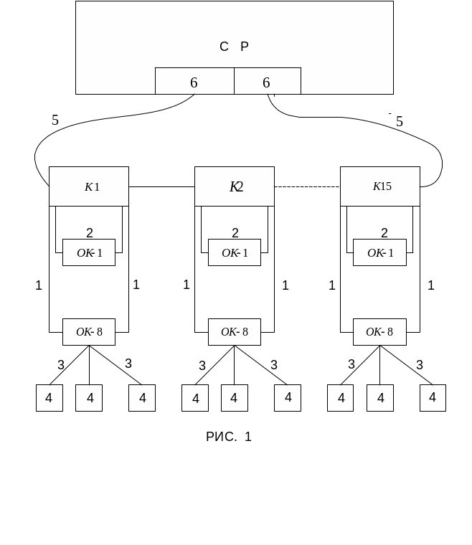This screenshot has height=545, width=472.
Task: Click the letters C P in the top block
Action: pyautogui.click(x=234, y=47)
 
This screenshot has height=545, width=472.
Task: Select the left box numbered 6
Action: pyautogui.click(x=194, y=82)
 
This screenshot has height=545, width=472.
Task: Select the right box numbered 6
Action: pyautogui.click(x=267, y=82)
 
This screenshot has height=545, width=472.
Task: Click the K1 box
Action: pyautogui.click(x=89, y=186)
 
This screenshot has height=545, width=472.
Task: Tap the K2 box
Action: pyautogui.click(x=235, y=186)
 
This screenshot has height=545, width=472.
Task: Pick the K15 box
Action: pyautogui.click(x=380, y=186)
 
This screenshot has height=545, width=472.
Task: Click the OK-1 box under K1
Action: pyautogui.click(x=89, y=252)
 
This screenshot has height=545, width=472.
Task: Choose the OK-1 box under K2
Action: pyautogui.click(x=235, y=252)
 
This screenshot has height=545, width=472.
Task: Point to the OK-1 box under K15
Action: pyautogui.click(x=379, y=252)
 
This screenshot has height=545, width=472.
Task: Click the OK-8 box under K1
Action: pyautogui.click(x=89, y=332)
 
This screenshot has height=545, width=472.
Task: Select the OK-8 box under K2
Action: pyautogui.click(x=235, y=332)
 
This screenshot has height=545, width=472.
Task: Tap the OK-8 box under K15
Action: pyautogui.click(x=379, y=332)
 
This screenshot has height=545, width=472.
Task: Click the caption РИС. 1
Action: pyautogui.click(x=229, y=437)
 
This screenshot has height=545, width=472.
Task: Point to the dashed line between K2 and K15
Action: pyautogui.click(x=307, y=186)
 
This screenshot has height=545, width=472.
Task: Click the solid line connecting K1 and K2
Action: pyautogui.click(x=161, y=186)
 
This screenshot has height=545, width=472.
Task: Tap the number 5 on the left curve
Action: pyautogui.click(x=55, y=120)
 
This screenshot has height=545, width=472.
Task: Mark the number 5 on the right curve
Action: pyautogui.click(x=400, y=121)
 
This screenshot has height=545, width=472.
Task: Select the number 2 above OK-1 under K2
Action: pyautogui.click(x=235, y=233)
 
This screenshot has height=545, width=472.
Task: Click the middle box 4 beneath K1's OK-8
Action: pyautogui.click(x=89, y=398)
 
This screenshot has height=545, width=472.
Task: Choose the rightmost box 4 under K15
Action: pyautogui.click(x=433, y=398)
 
